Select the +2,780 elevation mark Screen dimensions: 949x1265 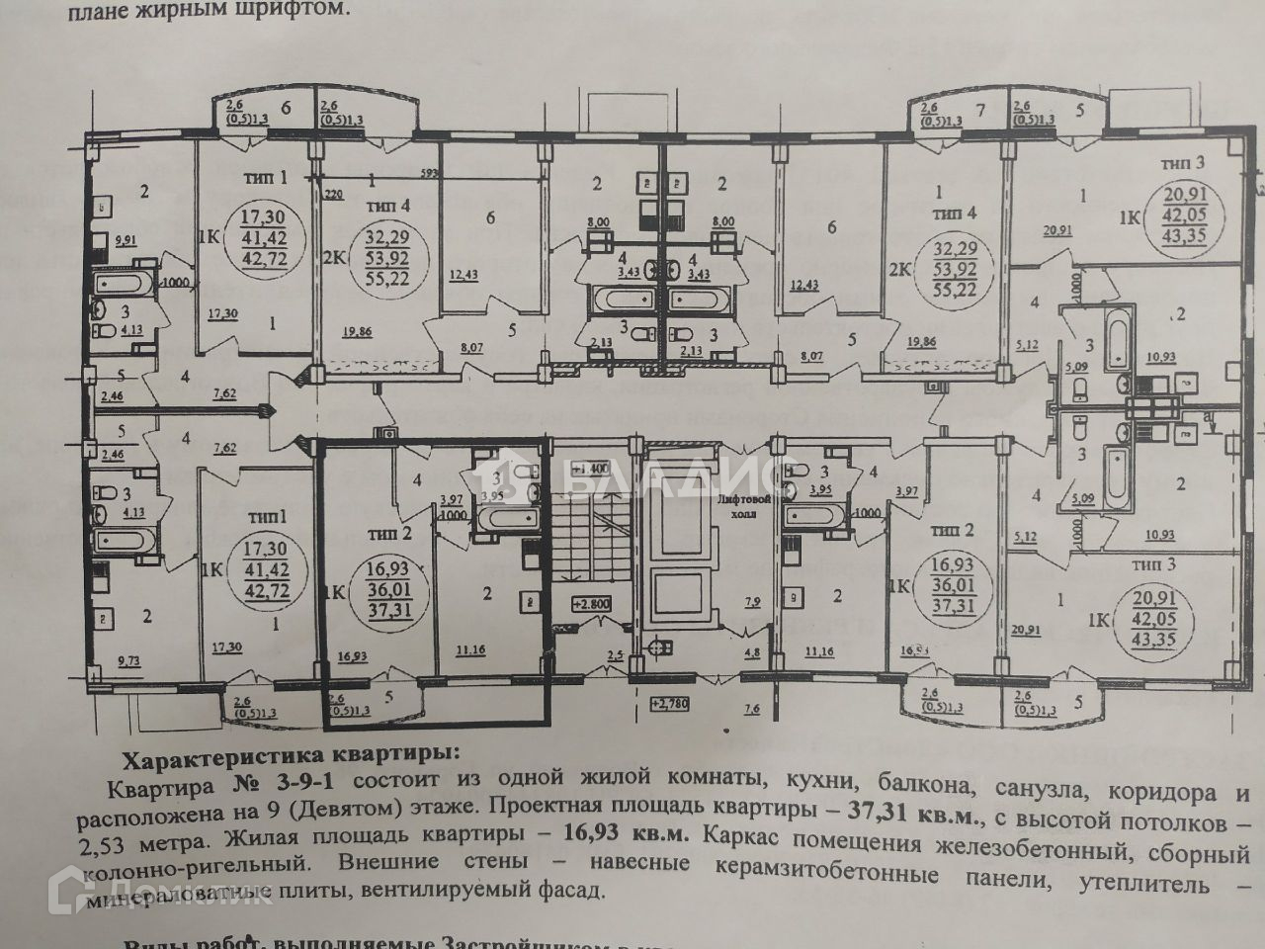click(669, 704)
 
